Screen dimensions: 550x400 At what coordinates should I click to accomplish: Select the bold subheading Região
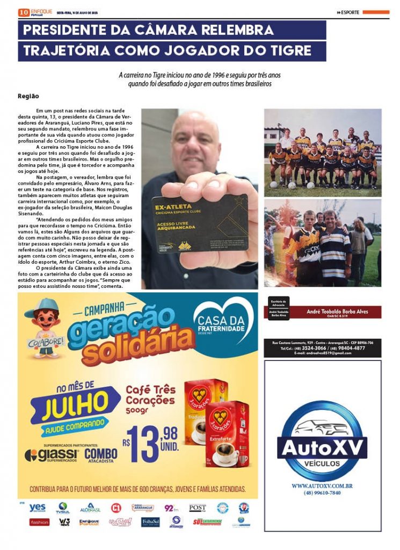[28, 96]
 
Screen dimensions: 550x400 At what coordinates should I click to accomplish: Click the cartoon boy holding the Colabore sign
[41, 327]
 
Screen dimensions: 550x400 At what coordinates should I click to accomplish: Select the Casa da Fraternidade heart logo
[222, 323]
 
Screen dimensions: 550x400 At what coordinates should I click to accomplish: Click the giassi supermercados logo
[52, 455]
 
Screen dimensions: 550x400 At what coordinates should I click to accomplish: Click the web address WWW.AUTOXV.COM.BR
[322, 486]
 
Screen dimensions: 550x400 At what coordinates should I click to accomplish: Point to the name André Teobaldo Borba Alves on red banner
[337, 312]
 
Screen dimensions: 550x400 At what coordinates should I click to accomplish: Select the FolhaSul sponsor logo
[150, 522]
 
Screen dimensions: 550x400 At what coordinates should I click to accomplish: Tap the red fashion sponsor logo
[39, 522]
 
